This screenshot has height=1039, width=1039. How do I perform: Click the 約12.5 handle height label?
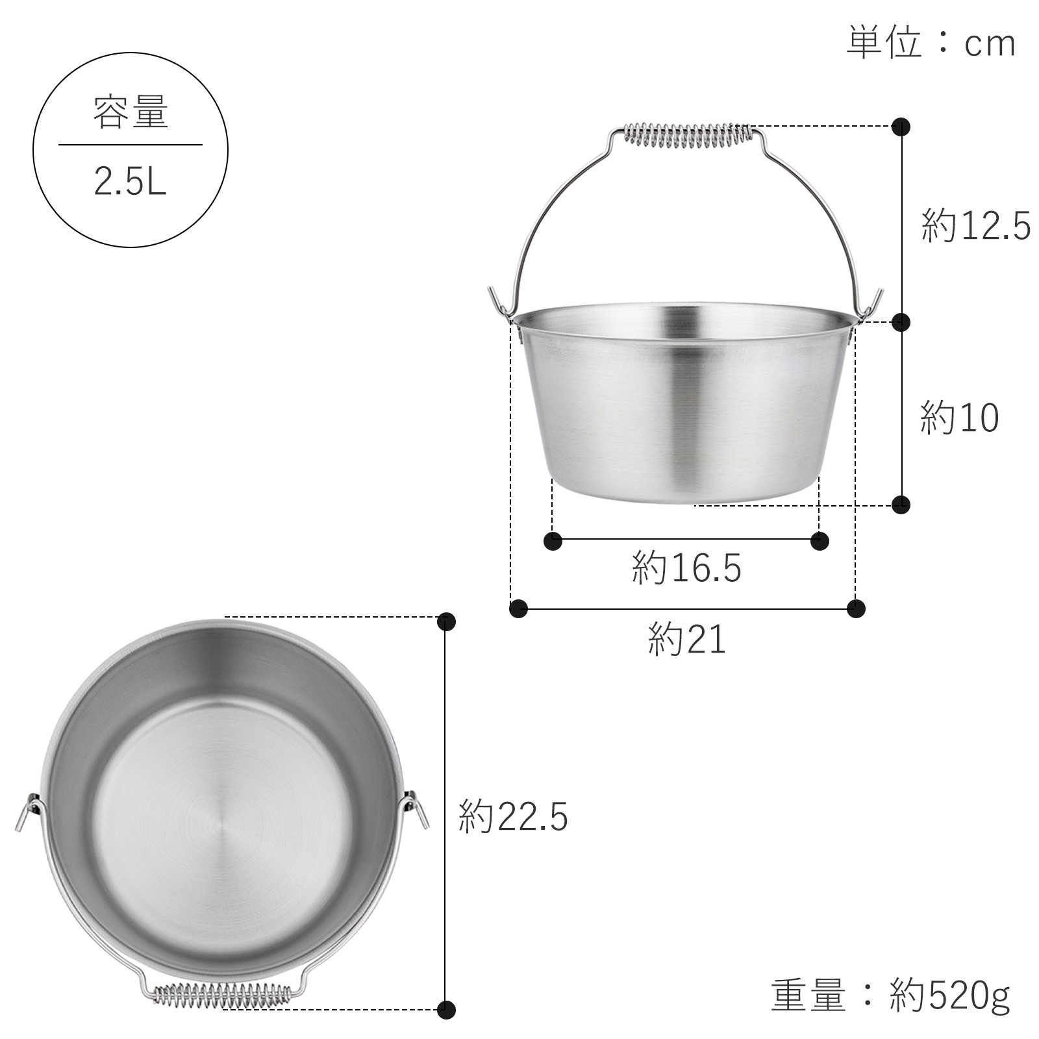[975, 227]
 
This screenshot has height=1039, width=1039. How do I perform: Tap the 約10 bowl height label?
[959, 418]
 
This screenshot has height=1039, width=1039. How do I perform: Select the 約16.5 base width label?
[686, 569]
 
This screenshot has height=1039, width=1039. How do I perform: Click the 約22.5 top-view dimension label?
[513, 817]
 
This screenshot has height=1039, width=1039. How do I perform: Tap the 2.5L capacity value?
[131, 182]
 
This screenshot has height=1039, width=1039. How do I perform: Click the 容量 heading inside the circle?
[131, 112]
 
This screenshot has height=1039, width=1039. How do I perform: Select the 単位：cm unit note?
[931, 44]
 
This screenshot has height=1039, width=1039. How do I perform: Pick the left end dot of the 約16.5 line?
[553, 540]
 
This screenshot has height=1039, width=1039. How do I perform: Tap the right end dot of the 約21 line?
[857, 609]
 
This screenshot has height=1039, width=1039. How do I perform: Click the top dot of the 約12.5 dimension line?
[901, 126]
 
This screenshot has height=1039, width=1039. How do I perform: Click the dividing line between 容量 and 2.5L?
[131, 145]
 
